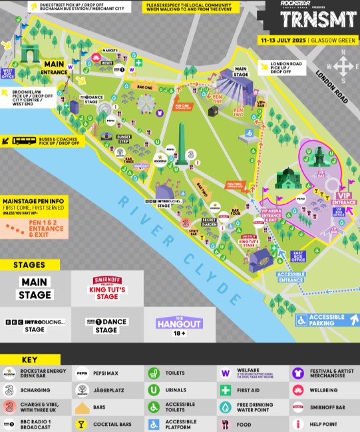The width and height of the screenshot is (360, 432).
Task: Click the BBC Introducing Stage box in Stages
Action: tap(35, 324)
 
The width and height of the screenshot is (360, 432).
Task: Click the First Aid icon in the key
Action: tap(226, 390)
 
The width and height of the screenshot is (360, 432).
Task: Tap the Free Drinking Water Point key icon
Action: tap(226, 407)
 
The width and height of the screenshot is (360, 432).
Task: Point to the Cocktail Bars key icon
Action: tap(82, 423)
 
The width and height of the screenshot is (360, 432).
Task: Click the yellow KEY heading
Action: tap(31, 359)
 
